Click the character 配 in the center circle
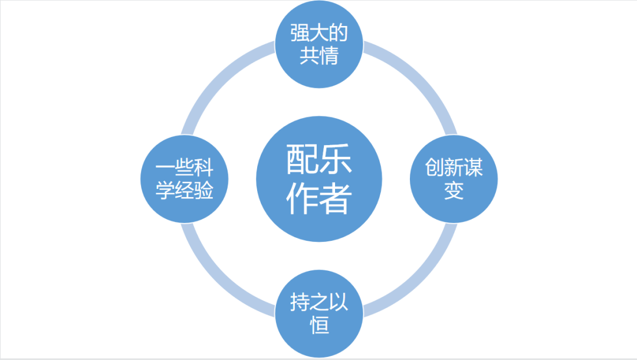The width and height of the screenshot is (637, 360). click(303, 160)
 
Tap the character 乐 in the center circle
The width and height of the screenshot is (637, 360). click(336, 160)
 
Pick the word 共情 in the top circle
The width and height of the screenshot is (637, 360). click(319, 56)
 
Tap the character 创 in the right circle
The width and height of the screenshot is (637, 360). click(434, 169)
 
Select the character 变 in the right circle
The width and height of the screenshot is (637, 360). click(454, 191)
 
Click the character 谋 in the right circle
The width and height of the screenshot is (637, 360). click(473, 169)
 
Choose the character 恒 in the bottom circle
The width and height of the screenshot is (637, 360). click(319, 326)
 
